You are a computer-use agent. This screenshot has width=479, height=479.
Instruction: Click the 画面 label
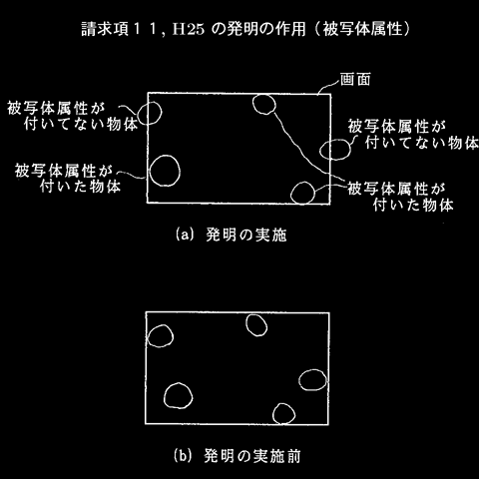[x=355, y=79]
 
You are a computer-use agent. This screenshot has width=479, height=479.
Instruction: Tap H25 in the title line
[x=188, y=30]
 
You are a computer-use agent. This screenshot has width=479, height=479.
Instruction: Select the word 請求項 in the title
[x=105, y=29]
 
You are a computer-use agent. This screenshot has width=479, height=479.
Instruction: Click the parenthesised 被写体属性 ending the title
[x=362, y=29]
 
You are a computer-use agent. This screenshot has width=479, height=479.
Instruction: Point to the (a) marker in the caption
[x=184, y=235]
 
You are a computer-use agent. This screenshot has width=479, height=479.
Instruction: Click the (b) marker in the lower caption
[x=183, y=455]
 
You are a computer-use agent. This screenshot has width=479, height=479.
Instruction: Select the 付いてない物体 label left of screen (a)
[x=81, y=124]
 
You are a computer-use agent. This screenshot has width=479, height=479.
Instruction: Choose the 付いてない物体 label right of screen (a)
[x=422, y=143]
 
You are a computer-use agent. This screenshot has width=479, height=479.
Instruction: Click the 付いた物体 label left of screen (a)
[x=80, y=186]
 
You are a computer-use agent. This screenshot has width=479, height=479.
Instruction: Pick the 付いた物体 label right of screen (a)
[x=413, y=205]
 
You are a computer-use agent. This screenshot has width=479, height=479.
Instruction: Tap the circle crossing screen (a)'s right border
[x=320, y=150]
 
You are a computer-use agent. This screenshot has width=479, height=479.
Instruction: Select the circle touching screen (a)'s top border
[x=253, y=105]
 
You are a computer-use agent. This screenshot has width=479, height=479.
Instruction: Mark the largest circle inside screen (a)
[x=150, y=171]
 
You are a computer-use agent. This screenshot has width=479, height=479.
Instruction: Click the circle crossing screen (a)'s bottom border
[x=291, y=193]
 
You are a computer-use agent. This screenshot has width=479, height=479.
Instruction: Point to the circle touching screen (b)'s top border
[x=246, y=325]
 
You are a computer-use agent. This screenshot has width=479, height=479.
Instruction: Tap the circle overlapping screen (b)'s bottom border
[x=273, y=414]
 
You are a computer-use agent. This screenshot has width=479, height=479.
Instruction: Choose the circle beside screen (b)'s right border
[x=299, y=380]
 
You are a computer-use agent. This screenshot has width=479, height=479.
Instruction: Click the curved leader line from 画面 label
[x=328, y=86]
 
